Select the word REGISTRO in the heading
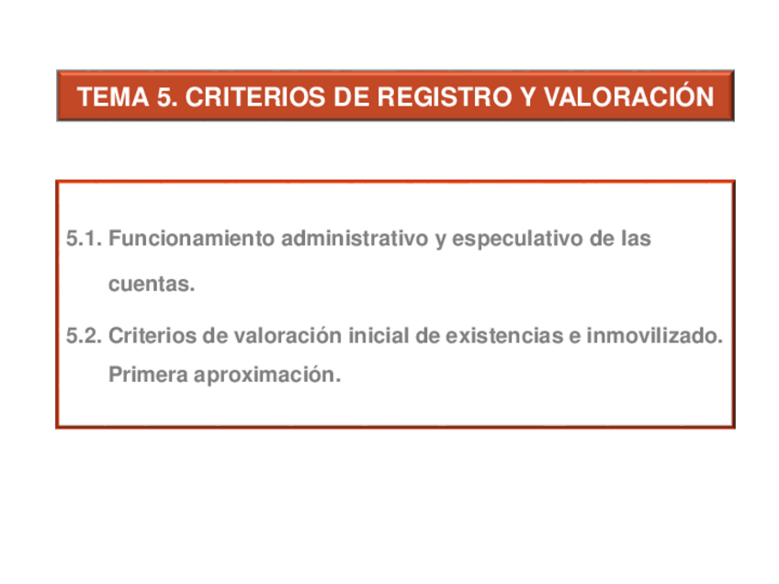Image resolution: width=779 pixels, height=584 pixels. pyautogui.click(x=438, y=96)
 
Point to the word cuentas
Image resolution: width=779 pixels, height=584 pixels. pyautogui.click(x=152, y=286)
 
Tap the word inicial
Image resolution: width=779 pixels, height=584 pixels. pyautogui.click(x=378, y=336)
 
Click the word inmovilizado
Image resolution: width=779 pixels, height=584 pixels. pyautogui.click(x=652, y=336)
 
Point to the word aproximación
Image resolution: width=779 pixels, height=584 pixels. pyautogui.click(x=266, y=375)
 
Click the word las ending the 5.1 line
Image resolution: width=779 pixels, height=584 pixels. pyautogui.click(x=635, y=239)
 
